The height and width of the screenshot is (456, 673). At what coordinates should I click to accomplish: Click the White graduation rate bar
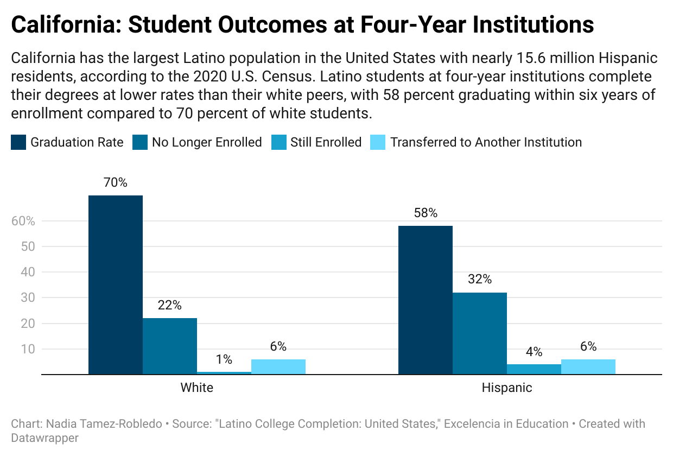tap(116, 284)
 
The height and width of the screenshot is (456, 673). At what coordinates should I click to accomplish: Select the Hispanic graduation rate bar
tap(426, 300)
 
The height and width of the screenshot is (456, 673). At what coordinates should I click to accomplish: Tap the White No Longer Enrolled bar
tap(170, 346)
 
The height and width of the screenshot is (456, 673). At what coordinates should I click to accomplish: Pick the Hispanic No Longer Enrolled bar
tap(480, 333)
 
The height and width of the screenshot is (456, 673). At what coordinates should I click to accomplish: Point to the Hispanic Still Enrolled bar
tap(534, 369)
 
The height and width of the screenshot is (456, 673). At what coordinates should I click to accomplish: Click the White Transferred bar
tap(278, 366)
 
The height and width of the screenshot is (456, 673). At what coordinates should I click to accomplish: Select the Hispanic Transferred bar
tap(588, 366)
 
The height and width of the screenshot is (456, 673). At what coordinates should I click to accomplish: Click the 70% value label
tap(116, 183)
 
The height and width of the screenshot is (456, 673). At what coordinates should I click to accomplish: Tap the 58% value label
tap(426, 213)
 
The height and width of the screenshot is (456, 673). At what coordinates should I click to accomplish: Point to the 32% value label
tap(480, 280)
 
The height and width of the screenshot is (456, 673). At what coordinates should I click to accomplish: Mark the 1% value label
tap(224, 359)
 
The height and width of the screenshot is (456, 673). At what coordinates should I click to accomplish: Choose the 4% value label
tap(534, 352)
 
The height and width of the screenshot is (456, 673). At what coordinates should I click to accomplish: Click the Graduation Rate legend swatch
tap(18, 143)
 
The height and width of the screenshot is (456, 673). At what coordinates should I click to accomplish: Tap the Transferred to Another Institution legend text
tap(486, 143)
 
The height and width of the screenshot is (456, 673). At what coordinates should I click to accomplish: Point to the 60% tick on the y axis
tap(23, 221)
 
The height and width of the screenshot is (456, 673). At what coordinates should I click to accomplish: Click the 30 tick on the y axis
tap(28, 297)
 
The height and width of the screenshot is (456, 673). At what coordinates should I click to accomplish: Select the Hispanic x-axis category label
tap(507, 388)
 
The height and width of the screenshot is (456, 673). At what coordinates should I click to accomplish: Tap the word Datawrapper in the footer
tap(45, 438)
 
